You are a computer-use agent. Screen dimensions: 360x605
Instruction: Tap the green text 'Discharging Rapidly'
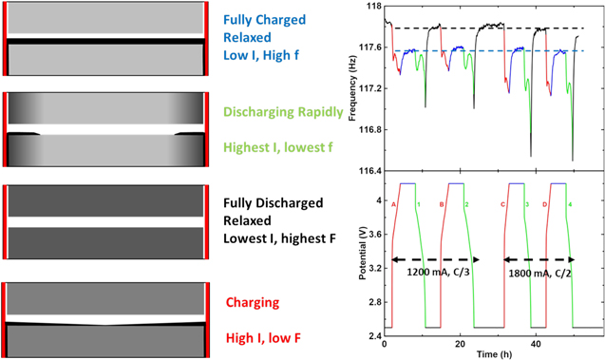point(284,112)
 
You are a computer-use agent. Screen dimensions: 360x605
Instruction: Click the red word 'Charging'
point(253,304)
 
